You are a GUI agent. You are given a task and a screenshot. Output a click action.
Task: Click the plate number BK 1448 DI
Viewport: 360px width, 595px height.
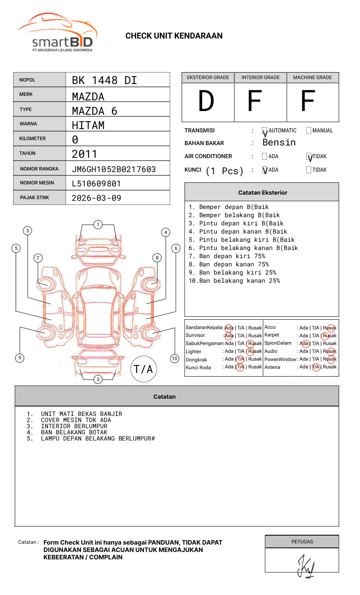[x=104, y=80]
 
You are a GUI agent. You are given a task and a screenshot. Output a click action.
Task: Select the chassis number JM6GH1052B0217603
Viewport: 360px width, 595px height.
[x=114, y=169]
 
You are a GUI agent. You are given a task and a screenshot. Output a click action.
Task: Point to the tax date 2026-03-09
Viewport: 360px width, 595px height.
[x=96, y=198]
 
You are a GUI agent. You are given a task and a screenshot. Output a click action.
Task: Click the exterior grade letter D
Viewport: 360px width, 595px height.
[x=206, y=102]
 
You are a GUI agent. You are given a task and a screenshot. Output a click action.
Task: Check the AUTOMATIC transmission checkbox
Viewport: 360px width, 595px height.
[x=264, y=131]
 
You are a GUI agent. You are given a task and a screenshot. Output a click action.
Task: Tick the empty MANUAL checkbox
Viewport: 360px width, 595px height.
[x=309, y=130]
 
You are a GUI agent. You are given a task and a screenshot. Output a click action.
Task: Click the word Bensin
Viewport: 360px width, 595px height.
[x=279, y=143]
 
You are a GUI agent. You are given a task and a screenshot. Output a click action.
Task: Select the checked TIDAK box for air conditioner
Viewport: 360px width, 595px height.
[x=309, y=157]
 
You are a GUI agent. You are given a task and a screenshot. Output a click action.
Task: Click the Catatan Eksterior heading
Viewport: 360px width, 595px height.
[x=262, y=193]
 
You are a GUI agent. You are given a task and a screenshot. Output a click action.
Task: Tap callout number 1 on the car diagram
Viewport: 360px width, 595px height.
[x=98, y=224]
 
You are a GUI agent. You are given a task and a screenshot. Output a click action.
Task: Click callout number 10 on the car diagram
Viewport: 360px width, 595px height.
[x=175, y=358]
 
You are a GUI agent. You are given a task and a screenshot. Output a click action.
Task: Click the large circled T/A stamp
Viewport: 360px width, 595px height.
[x=144, y=369]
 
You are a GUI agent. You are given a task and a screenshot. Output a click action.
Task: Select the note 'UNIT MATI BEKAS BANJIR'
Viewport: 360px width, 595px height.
[x=81, y=414]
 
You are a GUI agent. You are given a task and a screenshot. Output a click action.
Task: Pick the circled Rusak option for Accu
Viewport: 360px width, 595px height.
[x=330, y=328]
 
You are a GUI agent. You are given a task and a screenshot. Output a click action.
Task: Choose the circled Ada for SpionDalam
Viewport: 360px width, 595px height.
[x=304, y=343]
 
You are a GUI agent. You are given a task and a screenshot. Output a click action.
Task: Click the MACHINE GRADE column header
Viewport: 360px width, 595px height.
[x=312, y=77]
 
